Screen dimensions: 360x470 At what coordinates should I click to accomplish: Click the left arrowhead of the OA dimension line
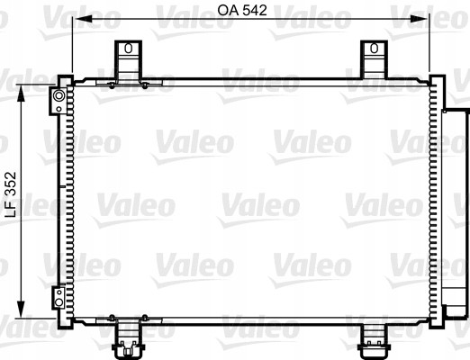pos(77,20)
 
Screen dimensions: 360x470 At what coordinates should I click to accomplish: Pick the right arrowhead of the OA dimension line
pos(424,20)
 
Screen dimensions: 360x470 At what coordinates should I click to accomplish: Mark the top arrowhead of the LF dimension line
pos(23,91)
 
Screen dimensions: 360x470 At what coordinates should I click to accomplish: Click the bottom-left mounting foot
pos(129,337)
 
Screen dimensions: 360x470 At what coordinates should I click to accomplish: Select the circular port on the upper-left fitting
pos(59,95)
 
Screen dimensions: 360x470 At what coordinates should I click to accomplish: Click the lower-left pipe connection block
pos(59,296)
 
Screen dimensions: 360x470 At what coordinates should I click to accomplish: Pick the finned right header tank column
pos(436,198)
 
